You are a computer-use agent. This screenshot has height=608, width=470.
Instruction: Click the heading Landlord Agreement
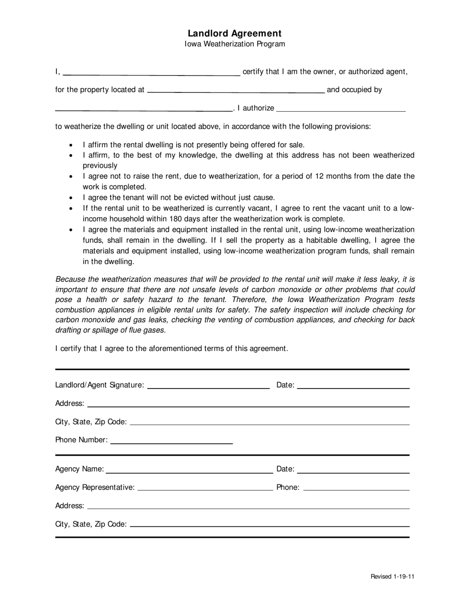[x=235, y=33]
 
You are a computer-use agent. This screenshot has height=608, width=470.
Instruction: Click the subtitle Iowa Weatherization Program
[x=235, y=44]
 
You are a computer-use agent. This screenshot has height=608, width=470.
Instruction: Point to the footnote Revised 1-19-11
[x=392, y=577]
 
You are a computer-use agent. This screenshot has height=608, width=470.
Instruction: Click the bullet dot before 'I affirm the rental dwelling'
[x=72, y=145]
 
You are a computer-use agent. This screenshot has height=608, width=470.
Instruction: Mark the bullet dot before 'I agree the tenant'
[x=72, y=198]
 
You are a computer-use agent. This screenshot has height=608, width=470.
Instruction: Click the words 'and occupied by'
[x=354, y=90]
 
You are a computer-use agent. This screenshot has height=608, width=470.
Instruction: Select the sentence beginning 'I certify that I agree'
[x=171, y=348]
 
